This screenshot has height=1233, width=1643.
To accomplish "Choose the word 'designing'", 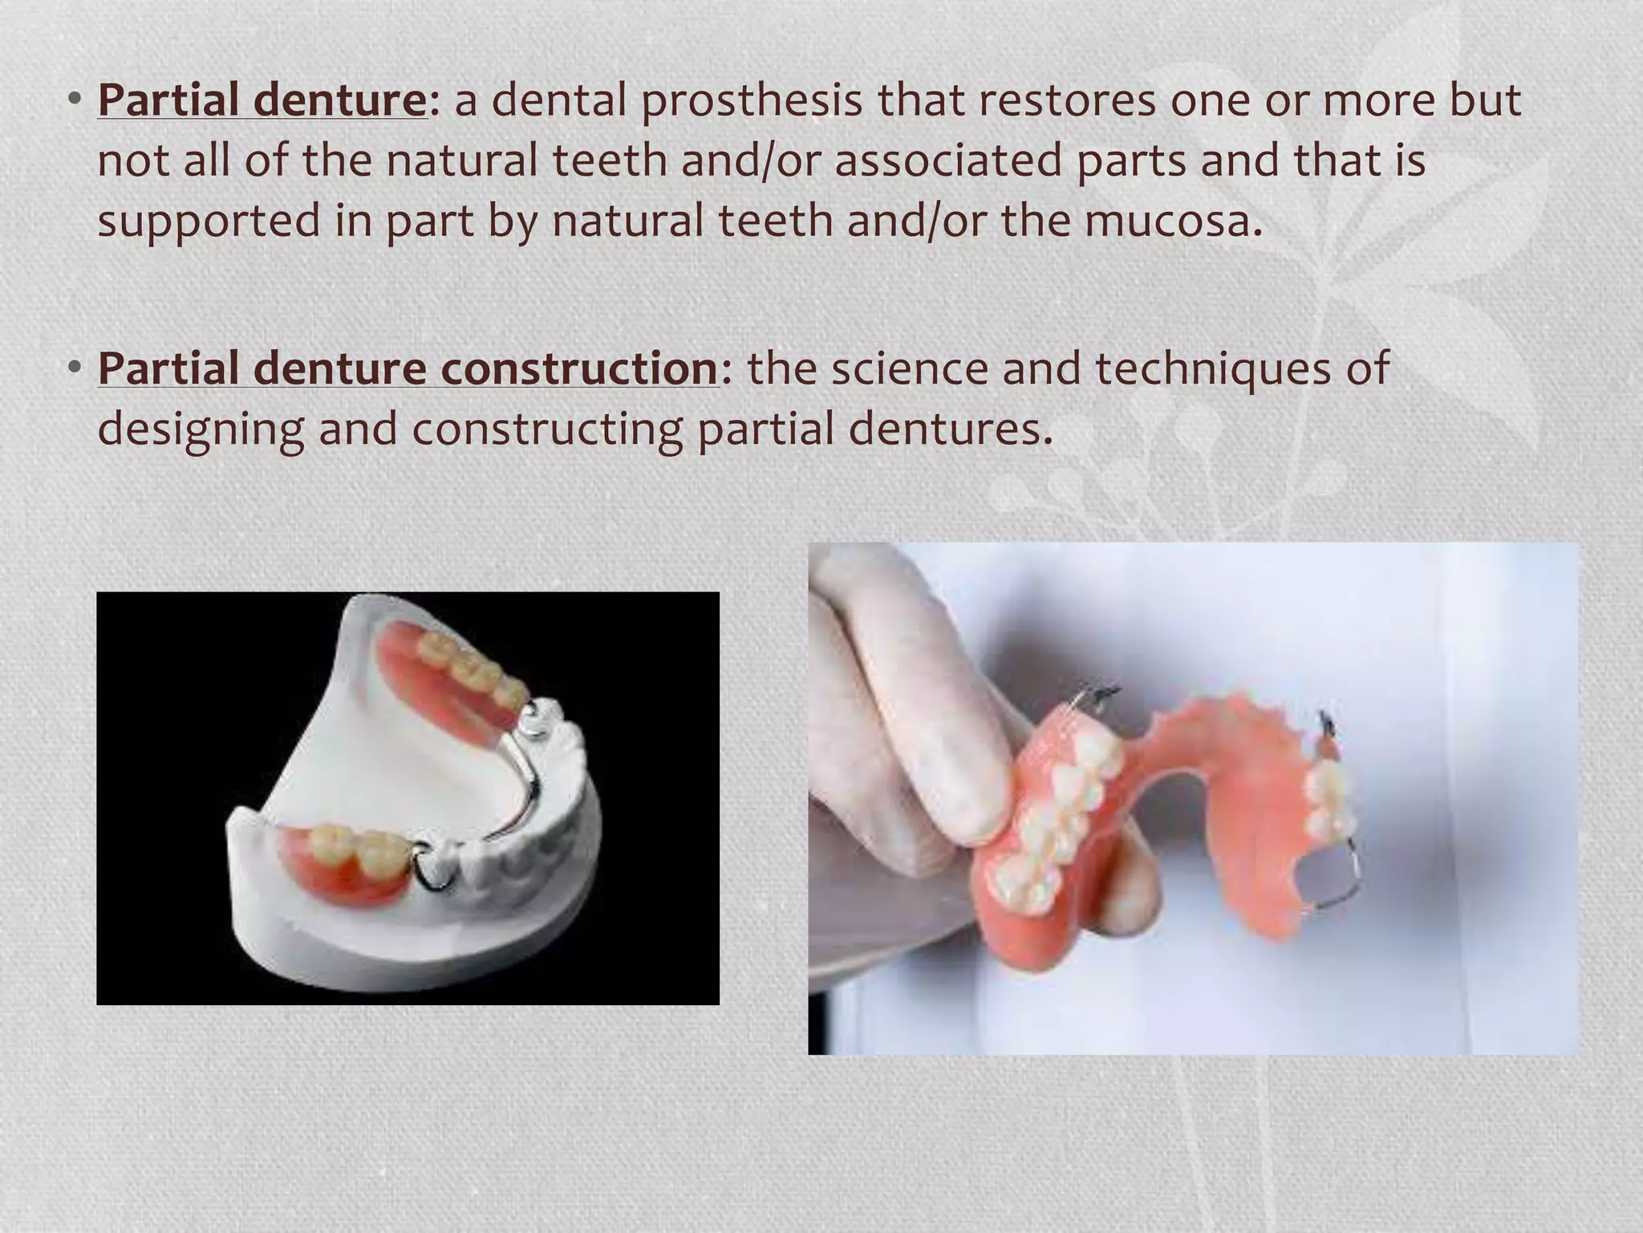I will [x=201, y=429].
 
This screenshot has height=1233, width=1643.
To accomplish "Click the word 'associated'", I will [x=947, y=161].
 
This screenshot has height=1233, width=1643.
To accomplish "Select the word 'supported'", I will [x=209, y=222].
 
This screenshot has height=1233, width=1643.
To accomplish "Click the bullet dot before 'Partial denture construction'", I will [x=75, y=367].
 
